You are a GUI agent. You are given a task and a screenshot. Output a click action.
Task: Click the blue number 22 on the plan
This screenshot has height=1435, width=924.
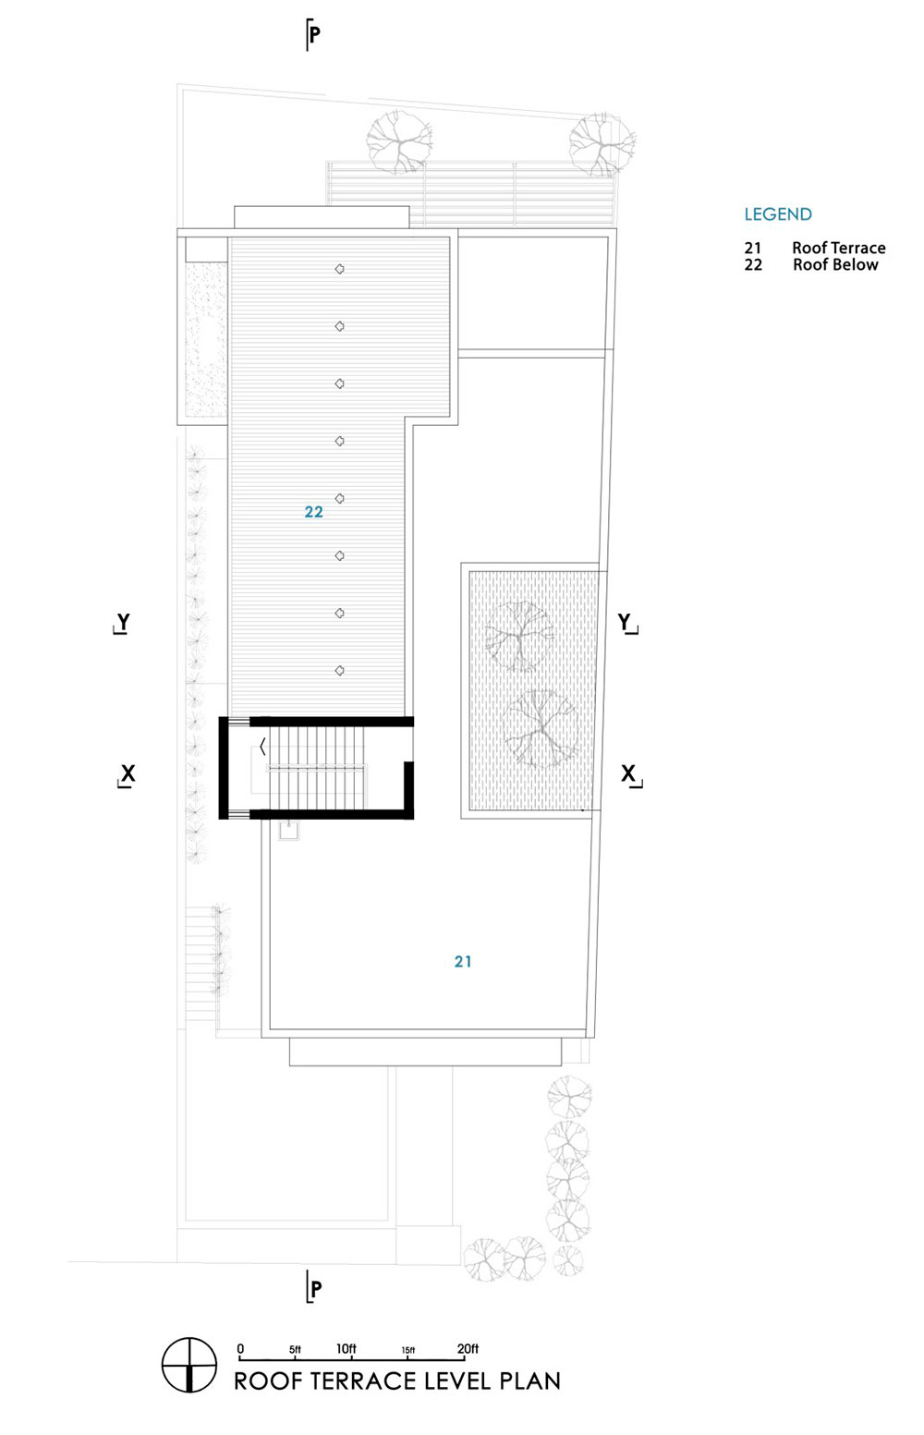click(313, 511)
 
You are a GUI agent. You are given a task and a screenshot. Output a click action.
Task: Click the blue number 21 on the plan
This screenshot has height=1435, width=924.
click(463, 961)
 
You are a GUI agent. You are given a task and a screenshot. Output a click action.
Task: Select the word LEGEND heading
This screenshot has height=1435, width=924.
click(778, 214)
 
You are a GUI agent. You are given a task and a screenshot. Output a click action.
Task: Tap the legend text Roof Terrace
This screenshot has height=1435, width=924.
click(839, 248)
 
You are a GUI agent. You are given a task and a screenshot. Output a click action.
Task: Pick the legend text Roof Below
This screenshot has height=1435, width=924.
click(835, 264)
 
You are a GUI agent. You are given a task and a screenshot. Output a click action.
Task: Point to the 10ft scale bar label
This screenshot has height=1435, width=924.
click(346, 1348)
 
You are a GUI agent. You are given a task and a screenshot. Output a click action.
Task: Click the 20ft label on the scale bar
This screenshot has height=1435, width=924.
click(468, 1348)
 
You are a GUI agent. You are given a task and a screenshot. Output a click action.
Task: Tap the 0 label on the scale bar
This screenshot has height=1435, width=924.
click(240, 1348)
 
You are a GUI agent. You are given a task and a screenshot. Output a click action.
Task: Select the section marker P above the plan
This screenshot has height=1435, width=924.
click(312, 34)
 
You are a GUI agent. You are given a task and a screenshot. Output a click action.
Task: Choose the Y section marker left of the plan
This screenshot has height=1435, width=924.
click(122, 623)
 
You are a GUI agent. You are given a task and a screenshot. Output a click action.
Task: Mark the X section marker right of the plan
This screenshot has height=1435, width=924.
click(630, 775)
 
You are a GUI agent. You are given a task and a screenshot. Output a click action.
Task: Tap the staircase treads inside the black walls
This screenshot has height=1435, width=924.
click(317, 767)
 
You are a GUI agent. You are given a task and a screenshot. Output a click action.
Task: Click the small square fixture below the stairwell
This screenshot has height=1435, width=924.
click(289, 831)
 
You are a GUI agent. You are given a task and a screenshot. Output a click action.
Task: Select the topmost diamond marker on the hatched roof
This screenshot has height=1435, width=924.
click(340, 269)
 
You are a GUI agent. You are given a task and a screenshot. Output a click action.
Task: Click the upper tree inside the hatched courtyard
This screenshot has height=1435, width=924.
click(518, 636)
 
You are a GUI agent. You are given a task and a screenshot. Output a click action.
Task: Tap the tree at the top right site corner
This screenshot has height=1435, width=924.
click(602, 143)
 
